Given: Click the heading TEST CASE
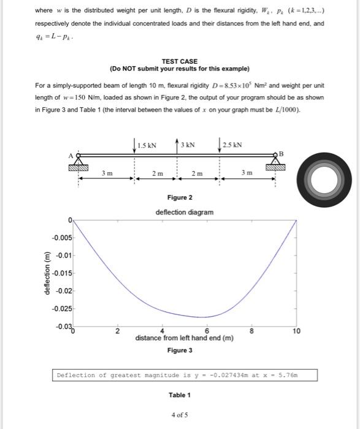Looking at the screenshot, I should pos(180,62).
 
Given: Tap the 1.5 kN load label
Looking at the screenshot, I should pos(148,145).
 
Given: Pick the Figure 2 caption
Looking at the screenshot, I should pos(180,198).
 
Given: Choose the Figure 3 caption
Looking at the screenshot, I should pos(180,350).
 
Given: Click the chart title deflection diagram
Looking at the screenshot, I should pos(185,212).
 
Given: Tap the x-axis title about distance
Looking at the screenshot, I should pos(185,338).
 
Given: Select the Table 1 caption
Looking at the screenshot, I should pos(180,395).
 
